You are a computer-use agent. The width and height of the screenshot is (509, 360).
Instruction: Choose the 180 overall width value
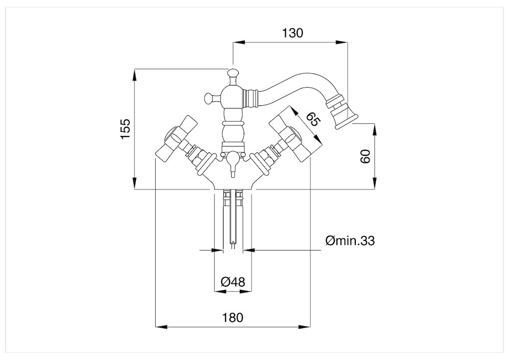(x=233, y=317)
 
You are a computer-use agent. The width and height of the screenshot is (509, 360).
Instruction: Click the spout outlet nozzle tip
(x=344, y=117)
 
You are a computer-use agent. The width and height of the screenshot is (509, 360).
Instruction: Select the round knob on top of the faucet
(x=233, y=73)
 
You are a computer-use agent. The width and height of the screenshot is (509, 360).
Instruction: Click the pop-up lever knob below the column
(x=233, y=162)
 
